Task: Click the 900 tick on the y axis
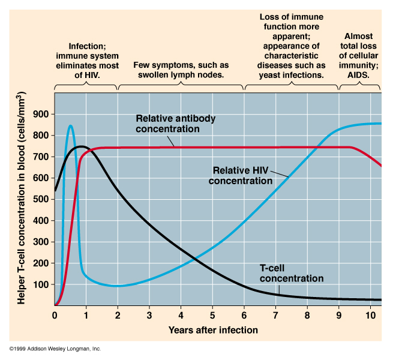click(43, 114)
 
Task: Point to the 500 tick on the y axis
click(43, 199)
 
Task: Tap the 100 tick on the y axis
click(43, 284)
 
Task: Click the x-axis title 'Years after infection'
click(213, 329)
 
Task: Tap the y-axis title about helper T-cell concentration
click(22, 198)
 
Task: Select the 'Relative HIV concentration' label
click(241, 175)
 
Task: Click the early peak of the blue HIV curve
click(70, 125)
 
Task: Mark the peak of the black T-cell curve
click(82, 146)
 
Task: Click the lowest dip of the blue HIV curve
click(118, 286)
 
